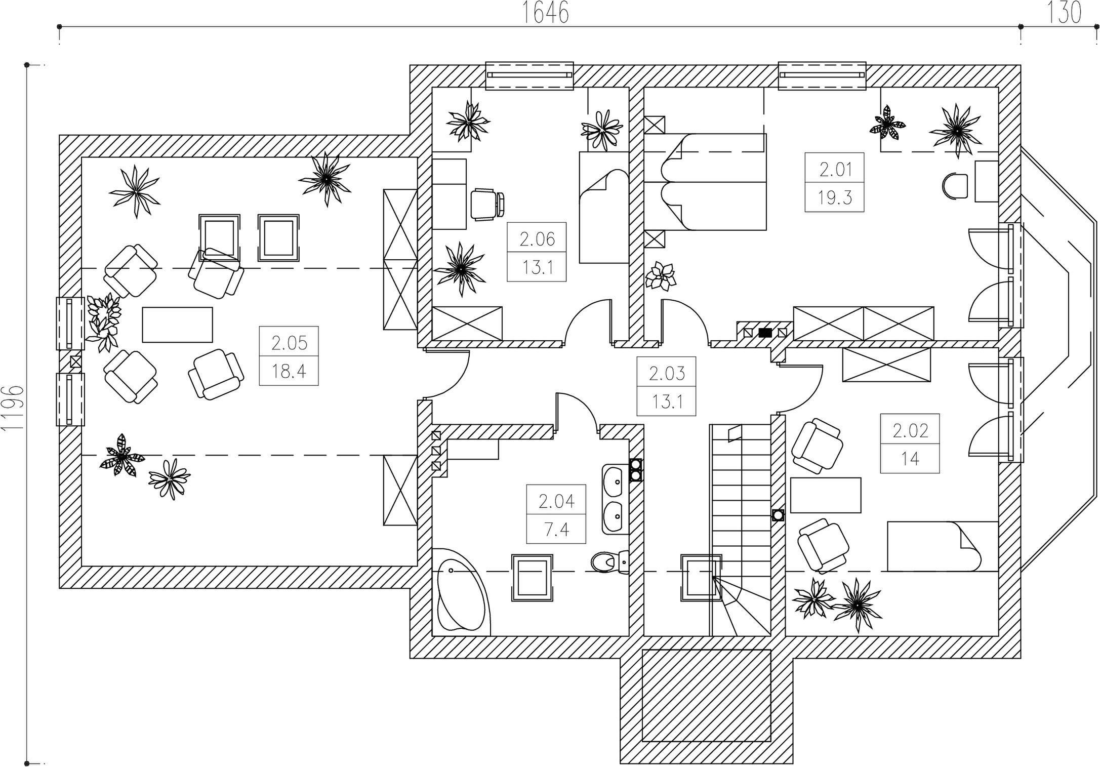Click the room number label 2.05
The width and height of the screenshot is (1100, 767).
pos(289,343)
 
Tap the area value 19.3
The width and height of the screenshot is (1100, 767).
pos(835,197)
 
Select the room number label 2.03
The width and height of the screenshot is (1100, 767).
pos(667,374)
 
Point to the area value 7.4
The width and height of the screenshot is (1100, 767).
pos(556,530)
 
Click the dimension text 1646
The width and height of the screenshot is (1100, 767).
pos(545,13)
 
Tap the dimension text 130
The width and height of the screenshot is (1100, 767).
pos(1064,13)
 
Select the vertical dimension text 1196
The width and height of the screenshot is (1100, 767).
pos(13,408)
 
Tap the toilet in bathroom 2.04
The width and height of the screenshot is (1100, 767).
pos(609,560)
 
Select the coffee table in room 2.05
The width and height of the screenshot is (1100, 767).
pos(177,325)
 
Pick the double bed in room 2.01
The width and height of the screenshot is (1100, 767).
pos(705,182)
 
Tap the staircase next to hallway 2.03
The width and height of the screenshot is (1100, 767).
pos(741,530)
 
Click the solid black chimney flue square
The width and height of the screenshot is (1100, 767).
pos(765,333)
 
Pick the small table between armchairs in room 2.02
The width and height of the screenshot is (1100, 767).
pos(826,495)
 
